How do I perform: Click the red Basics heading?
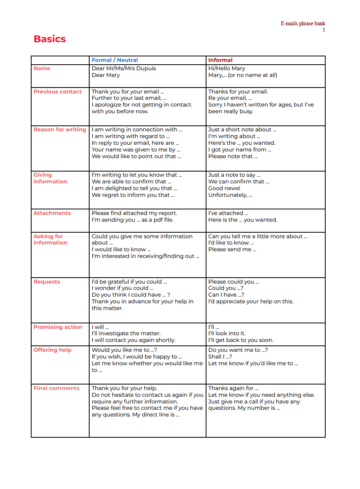(x=50, y=39)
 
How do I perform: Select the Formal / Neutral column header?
(x=115, y=60)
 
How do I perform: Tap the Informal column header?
(x=220, y=60)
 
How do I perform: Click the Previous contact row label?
(x=58, y=91)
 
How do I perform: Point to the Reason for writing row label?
(x=60, y=129)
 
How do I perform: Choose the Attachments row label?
(x=52, y=213)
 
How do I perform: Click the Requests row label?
(x=47, y=282)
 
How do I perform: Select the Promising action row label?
(x=58, y=327)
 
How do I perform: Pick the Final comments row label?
(x=56, y=388)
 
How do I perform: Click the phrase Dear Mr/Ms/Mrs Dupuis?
(x=124, y=68)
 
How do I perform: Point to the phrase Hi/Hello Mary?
(x=227, y=68)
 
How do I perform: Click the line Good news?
(x=224, y=188)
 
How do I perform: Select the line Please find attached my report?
(x=135, y=213)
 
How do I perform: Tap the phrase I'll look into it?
(x=227, y=333)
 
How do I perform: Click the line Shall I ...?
(x=220, y=356)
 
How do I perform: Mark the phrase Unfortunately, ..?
(x=230, y=195)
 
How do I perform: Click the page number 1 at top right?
(x=324, y=30)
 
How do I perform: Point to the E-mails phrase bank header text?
(x=303, y=23)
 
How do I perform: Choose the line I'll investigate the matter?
(x=126, y=333)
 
